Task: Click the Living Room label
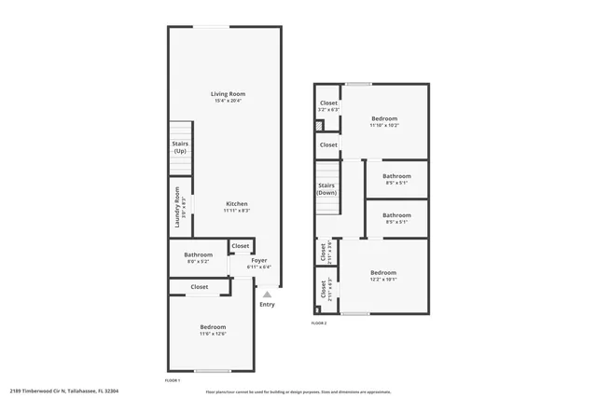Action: coord(229,94)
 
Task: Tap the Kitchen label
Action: coord(235,203)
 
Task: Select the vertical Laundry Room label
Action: coord(176,209)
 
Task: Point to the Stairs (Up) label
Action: coord(180,147)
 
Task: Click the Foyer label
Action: coord(259,260)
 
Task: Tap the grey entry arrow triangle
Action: coord(266,295)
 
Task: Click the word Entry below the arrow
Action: coord(267,305)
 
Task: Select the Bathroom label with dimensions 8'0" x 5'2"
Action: coord(198,254)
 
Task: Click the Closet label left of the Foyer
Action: coord(241,246)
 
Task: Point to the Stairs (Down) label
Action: coord(326,188)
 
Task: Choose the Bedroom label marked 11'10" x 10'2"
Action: coord(384,118)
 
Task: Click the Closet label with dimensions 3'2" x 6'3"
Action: coord(328,103)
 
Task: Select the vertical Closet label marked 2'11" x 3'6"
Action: coord(323,252)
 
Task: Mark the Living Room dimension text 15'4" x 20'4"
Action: coord(229,101)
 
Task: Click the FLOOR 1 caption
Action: coord(172,380)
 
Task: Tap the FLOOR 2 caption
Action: coord(319,323)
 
